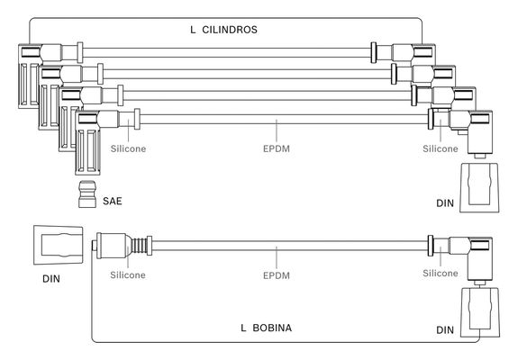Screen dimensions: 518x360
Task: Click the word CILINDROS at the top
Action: tap(230, 30)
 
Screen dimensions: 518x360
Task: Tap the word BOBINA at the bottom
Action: tap(272, 328)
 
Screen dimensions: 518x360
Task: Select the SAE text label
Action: tap(113, 201)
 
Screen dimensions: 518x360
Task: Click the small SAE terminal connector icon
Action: tap(87, 194)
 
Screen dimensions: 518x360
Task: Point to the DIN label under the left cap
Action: tap(51, 279)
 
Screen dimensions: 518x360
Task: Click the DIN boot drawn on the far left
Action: tap(59, 245)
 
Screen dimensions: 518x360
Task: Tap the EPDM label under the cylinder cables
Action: tap(277, 148)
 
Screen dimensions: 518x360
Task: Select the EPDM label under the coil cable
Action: tap(277, 275)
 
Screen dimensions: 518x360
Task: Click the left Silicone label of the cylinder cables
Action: tap(128, 148)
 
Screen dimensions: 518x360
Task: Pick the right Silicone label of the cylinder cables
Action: tap(441, 148)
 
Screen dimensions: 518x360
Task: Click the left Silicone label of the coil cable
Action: tap(128, 274)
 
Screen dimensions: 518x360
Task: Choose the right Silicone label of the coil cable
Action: tap(441, 274)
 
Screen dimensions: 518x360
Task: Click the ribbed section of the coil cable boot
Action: tap(139, 246)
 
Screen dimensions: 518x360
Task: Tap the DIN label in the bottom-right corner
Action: tap(445, 330)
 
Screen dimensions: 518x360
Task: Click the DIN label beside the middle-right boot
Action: tap(445, 203)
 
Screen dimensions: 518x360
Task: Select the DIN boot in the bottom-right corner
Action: tap(479, 312)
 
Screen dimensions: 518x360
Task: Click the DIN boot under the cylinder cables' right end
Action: tap(479, 187)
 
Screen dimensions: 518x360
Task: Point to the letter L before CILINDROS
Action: tap(193, 30)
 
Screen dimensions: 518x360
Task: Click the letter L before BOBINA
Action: tap(243, 328)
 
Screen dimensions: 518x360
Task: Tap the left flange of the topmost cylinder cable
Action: tap(80, 52)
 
